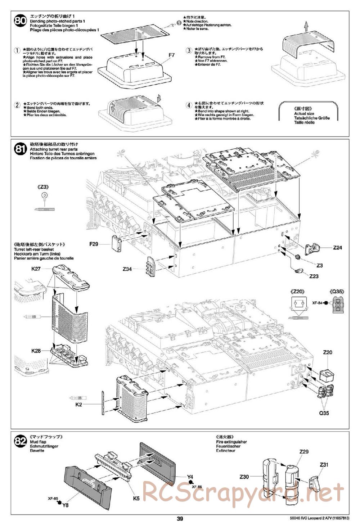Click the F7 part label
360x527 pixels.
(171, 55)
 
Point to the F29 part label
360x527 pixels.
(94, 244)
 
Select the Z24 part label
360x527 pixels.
(337, 247)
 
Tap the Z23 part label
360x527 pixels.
(314, 276)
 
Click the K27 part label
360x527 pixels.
(36, 268)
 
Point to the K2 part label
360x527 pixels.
(79, 405)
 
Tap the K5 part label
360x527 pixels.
(136, 499)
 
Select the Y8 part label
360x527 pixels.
(65, 504)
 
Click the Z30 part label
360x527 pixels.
(244, 477)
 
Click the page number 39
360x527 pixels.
(180, 519)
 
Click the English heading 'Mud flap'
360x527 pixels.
(38, 442)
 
